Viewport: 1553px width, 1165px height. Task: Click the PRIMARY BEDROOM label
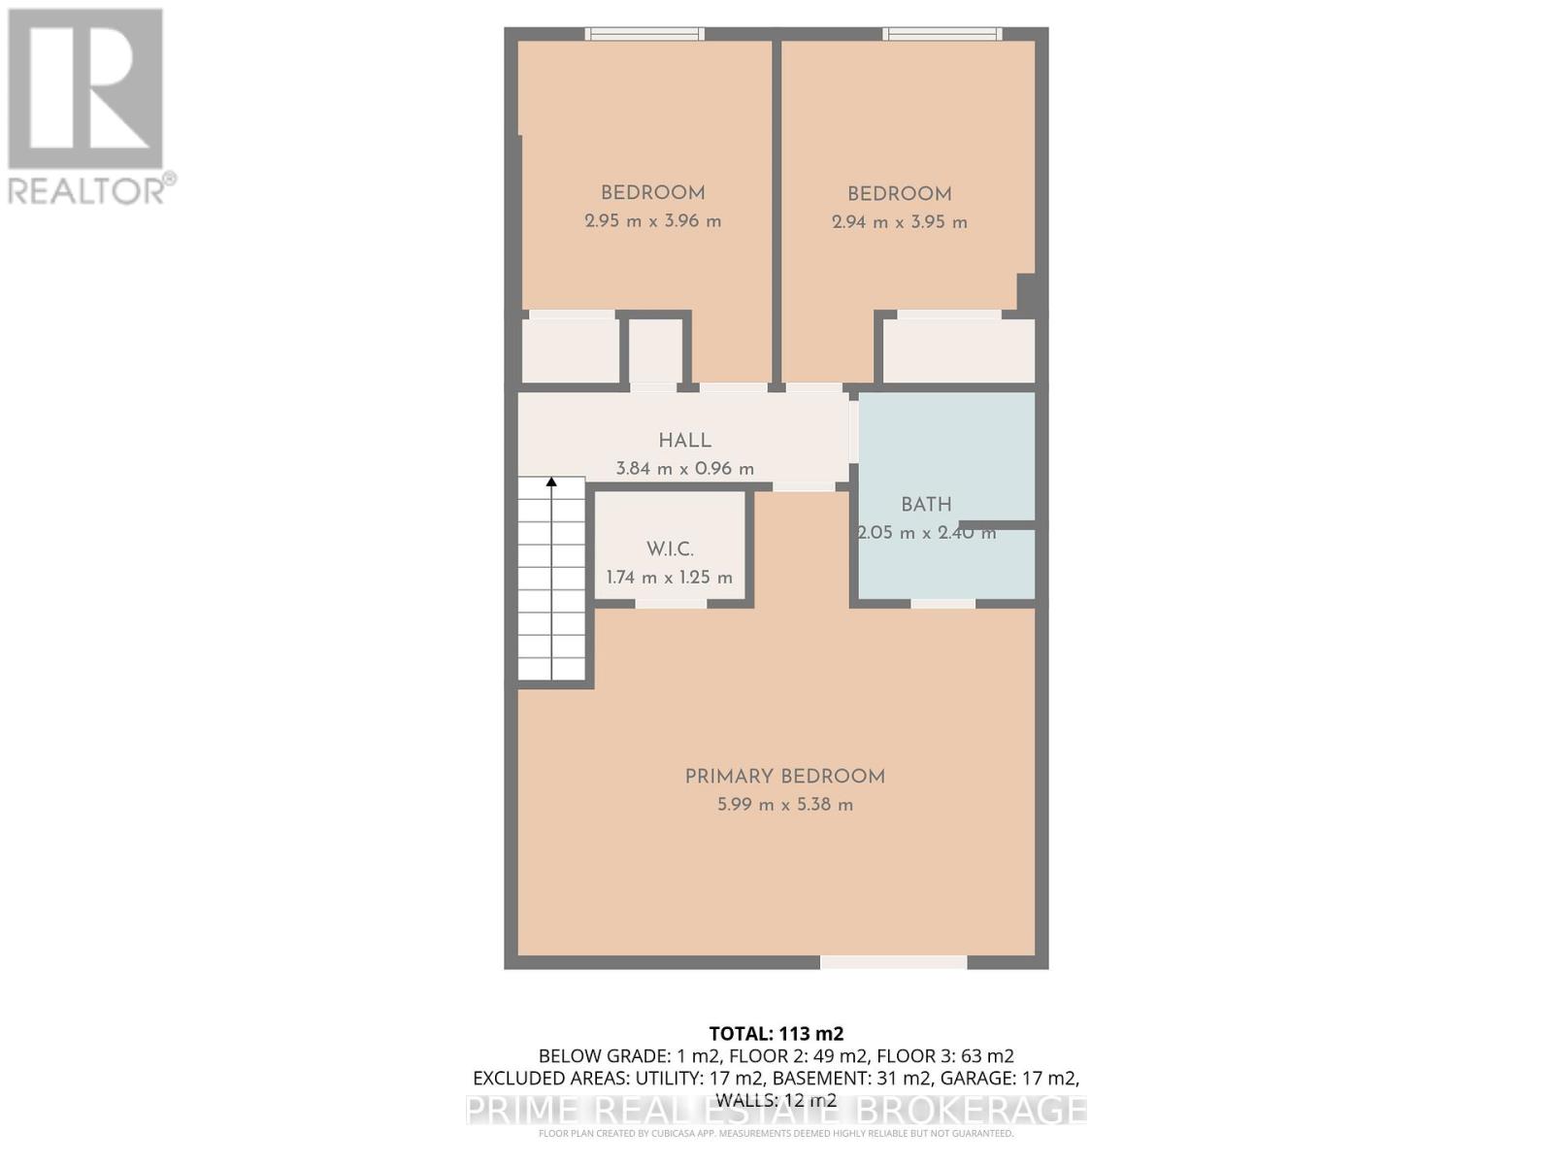(x=784, y=777)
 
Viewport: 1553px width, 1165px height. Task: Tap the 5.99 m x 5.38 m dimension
(x=784, y=805)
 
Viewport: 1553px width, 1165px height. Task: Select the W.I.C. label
(x=670, y=549)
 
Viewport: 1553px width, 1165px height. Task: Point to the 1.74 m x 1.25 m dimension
(x=670, y=578)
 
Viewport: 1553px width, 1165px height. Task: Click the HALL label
(x=684, y=441)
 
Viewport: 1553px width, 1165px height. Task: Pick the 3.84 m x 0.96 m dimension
(x=684, y=469)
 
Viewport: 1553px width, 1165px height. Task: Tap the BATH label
(x=926, y=505)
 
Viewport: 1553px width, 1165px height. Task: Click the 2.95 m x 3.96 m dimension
(x=652, y=221)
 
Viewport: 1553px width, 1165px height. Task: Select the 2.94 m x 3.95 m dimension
(x=899, y=222)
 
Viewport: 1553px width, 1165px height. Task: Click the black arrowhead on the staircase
(x=551, y=482)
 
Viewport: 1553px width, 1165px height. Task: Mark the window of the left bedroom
(x=644, y=34)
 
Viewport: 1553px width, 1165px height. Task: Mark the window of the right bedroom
(x=942, y=34)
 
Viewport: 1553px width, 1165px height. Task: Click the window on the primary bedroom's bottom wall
(x=893, y=962)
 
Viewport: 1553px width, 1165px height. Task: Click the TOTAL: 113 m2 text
(x=776, y=1034)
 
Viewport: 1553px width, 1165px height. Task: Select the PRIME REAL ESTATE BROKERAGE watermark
(x=776, y=1110)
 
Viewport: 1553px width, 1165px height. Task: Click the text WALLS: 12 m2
(x=776, y=1100)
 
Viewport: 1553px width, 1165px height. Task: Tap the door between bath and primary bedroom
(x=942, y=604)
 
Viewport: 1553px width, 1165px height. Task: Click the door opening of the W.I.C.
(x=671, y=604)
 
